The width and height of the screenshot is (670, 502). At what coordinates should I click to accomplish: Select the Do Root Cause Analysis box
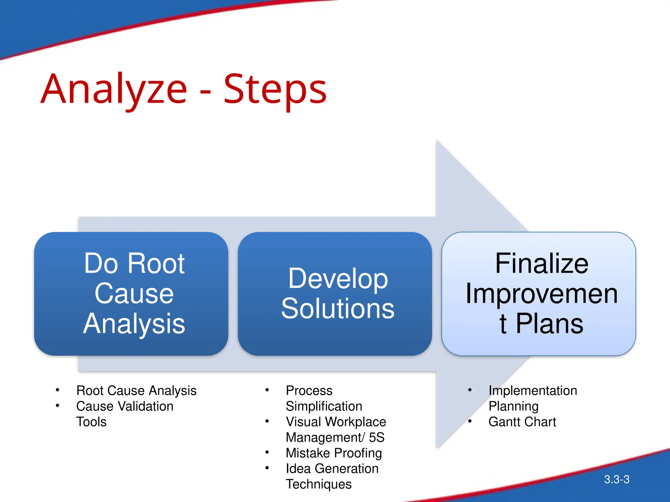(x=131, y=293)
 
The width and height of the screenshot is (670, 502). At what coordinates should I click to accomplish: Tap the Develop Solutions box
(x=335, y=293)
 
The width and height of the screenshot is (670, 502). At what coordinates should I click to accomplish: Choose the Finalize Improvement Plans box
(x=538, y=293)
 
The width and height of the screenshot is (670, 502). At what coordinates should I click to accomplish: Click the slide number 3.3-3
(x=617, y=479)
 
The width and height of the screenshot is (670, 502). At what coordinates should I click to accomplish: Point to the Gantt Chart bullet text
(x=522, y=422)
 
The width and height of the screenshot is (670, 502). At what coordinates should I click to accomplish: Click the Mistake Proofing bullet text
(x=334, y=453)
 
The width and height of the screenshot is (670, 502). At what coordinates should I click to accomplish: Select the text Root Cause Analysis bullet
(x=136, y=391)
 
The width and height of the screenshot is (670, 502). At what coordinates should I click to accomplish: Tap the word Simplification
(x=324, y=406)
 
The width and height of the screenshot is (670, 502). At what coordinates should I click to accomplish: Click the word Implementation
(x=533, y=391)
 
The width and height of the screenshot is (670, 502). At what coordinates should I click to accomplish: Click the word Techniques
(x=319, y=484)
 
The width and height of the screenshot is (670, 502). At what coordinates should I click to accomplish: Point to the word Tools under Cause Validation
(x=91, y=422)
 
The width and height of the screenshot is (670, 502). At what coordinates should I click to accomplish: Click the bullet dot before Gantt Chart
(x=470, y=421)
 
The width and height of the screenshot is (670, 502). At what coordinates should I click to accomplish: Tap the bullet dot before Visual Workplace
(x=267, y=421)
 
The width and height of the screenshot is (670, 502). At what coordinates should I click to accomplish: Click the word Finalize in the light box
(x=541, y=263)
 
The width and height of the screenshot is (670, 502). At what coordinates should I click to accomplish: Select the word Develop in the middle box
(x=338, y=278)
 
